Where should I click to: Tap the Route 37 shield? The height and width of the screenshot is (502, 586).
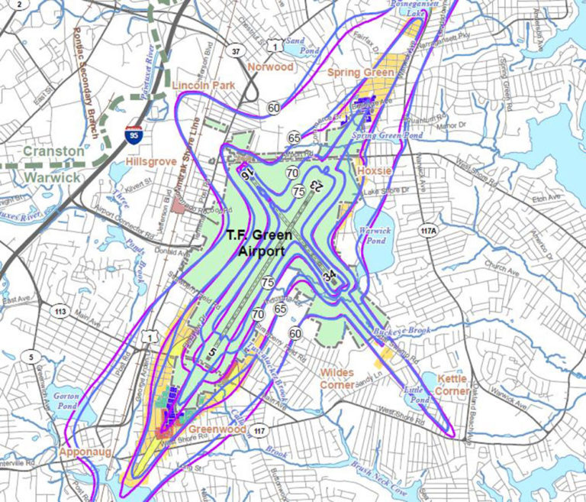pyautogui.click(x=237, y=51)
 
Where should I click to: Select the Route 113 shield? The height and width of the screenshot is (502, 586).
pyautogui.click(x=61, y=312)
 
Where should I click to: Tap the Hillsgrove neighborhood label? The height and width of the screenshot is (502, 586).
pyautogui.click(x=151, y=162)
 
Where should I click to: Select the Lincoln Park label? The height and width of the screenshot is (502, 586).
pyautogui.click(x=204, y=86)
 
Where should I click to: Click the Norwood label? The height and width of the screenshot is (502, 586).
pyautogui.click(x=270, y=67)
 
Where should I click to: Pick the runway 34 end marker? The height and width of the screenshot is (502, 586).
pyautogui.click(x=330, y=276)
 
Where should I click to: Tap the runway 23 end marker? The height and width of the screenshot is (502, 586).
pyautogui.click(x=314, y=186)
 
